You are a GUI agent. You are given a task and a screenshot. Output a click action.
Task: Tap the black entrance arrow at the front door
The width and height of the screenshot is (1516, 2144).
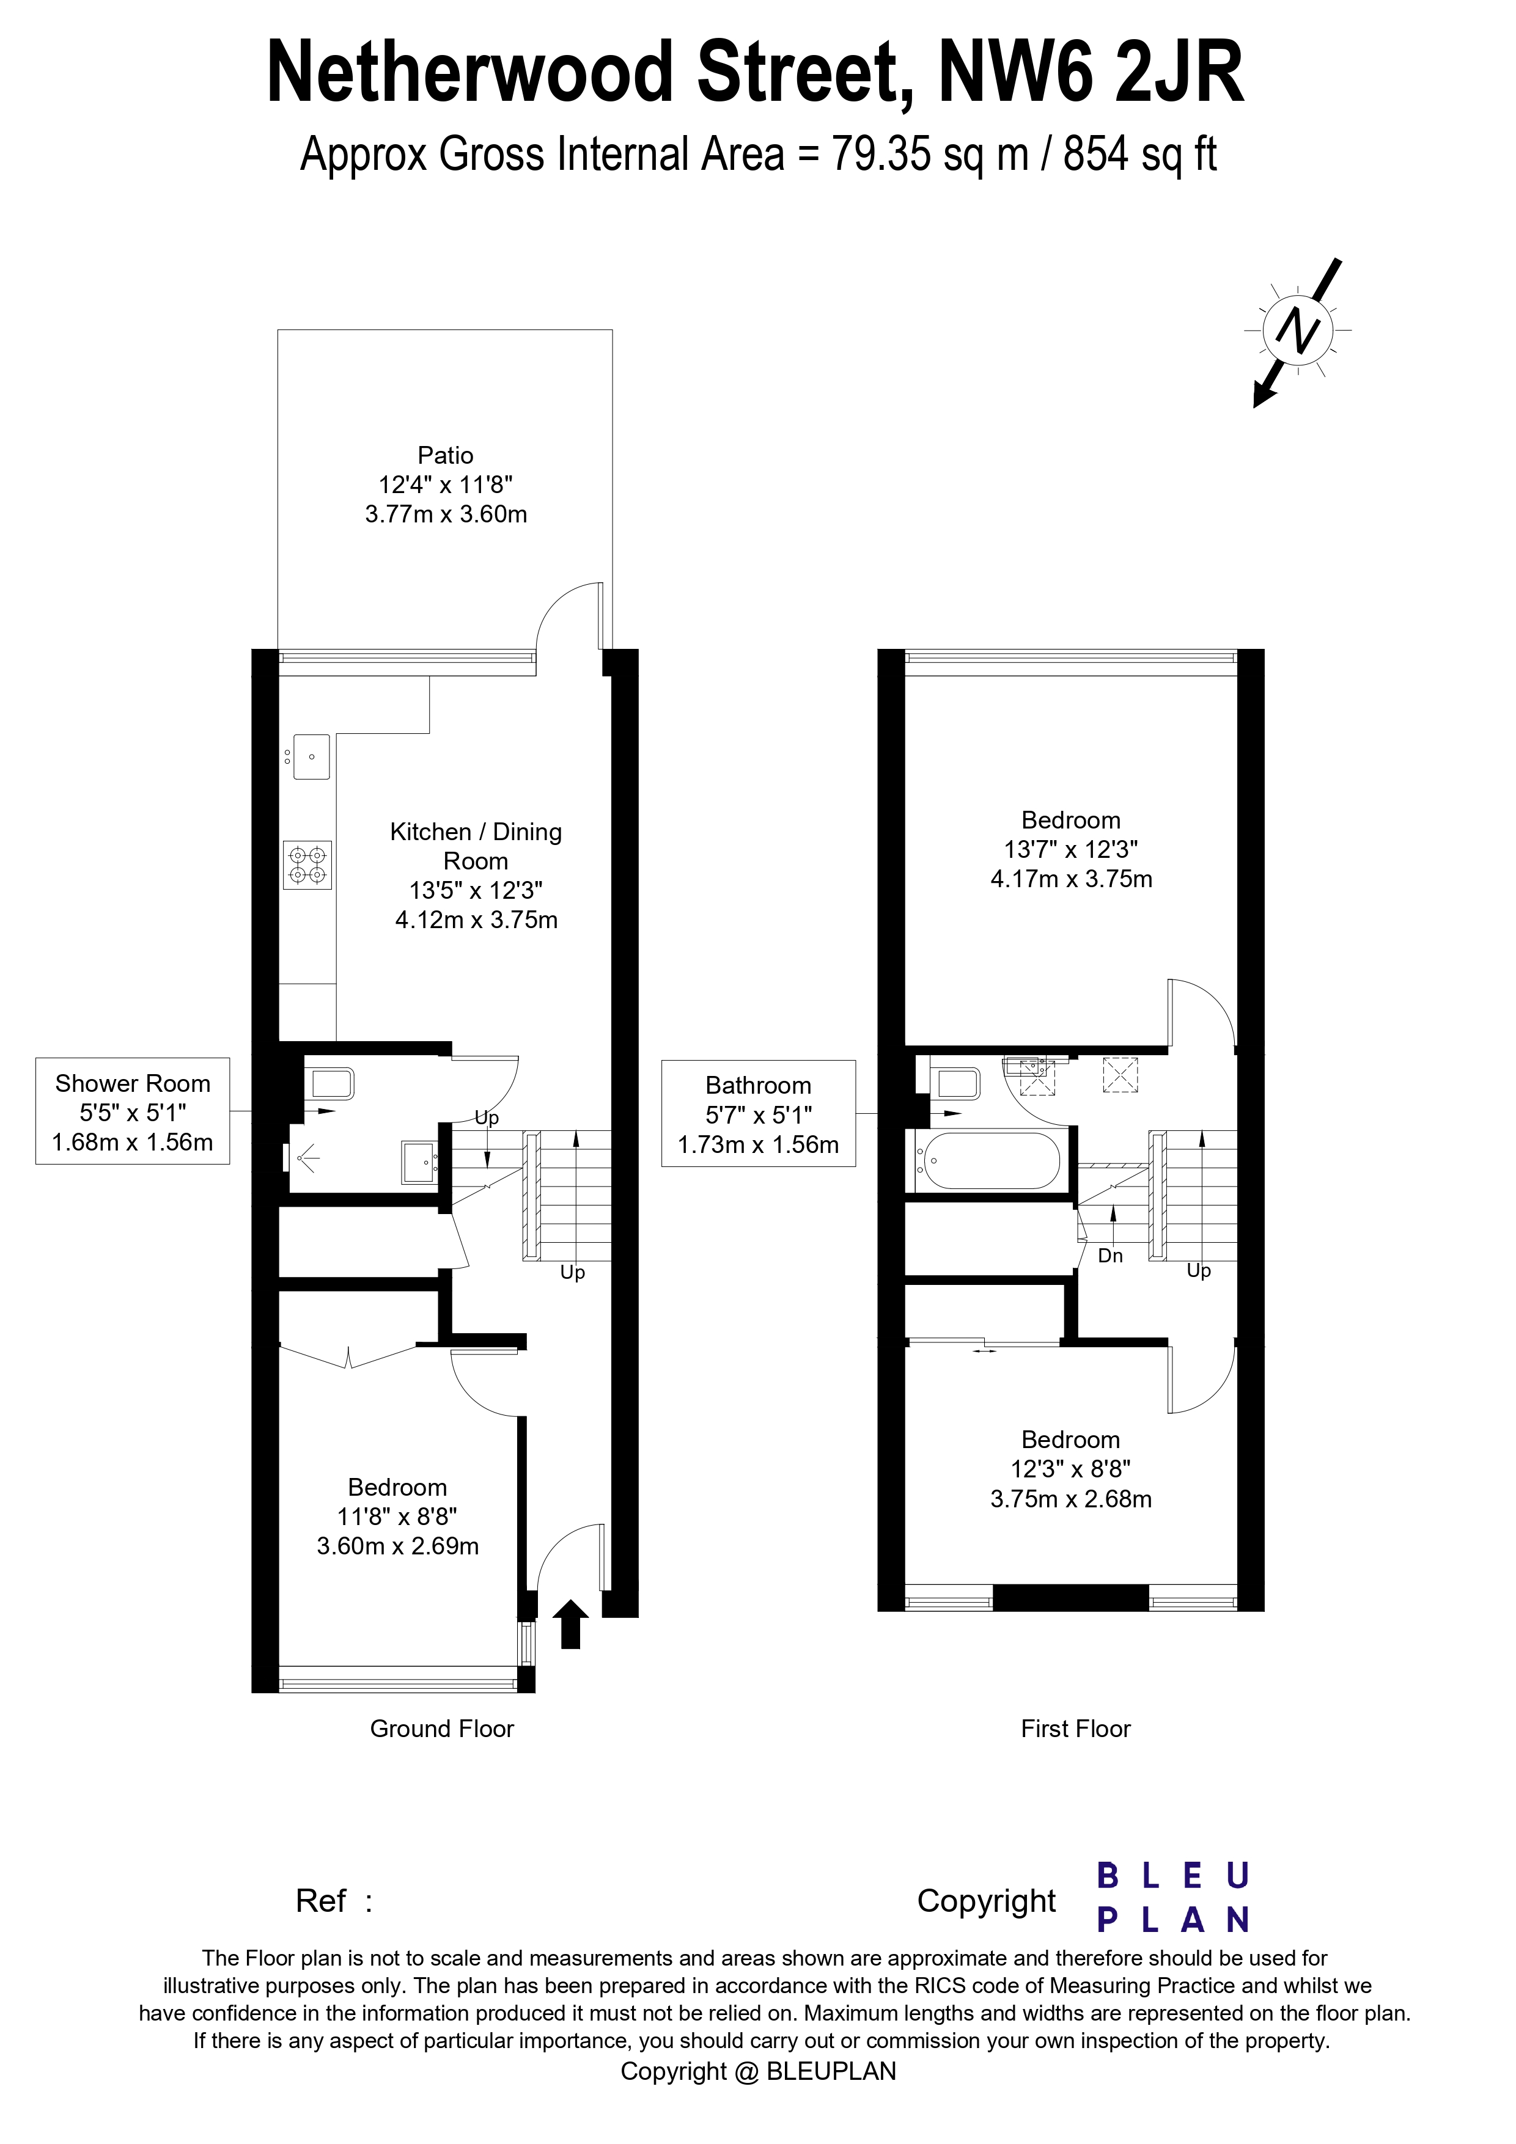[x=571, y=1624]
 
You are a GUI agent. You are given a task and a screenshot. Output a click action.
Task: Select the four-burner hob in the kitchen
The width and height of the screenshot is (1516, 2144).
[x=307, y=865]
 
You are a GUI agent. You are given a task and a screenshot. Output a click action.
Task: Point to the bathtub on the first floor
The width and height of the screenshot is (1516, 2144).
[x=988, y=1161]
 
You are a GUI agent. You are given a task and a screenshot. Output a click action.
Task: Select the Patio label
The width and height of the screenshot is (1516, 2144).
[x=446, y=456]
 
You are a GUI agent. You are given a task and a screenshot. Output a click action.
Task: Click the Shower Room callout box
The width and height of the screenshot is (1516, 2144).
[x=133, y=1111]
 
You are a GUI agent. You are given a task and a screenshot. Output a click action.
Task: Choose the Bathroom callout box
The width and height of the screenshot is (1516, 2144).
[x=759, y=1113]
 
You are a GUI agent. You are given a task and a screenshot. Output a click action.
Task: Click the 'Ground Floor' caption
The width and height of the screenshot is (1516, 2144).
[x=442, y=1729]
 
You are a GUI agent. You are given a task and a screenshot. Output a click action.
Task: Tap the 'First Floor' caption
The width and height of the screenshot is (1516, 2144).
[x=1076, y=1729]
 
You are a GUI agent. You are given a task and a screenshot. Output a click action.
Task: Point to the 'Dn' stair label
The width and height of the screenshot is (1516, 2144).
[x=1111, y=1256]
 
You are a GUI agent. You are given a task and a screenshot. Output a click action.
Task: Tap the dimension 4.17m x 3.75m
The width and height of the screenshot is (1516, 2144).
[x=1072, y=879]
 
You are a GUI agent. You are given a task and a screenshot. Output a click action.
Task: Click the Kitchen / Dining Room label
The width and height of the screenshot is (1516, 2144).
[x=476, y=846]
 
